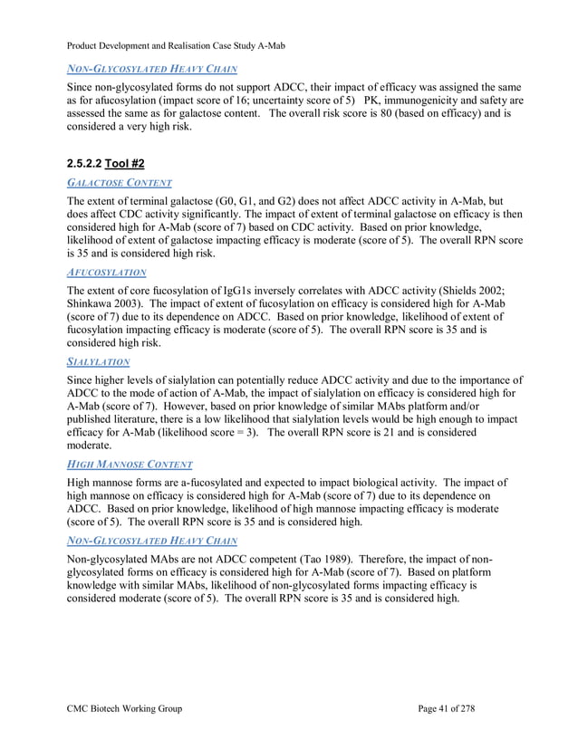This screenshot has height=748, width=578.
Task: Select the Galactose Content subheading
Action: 120,182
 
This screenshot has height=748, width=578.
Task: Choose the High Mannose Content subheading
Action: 130,465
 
